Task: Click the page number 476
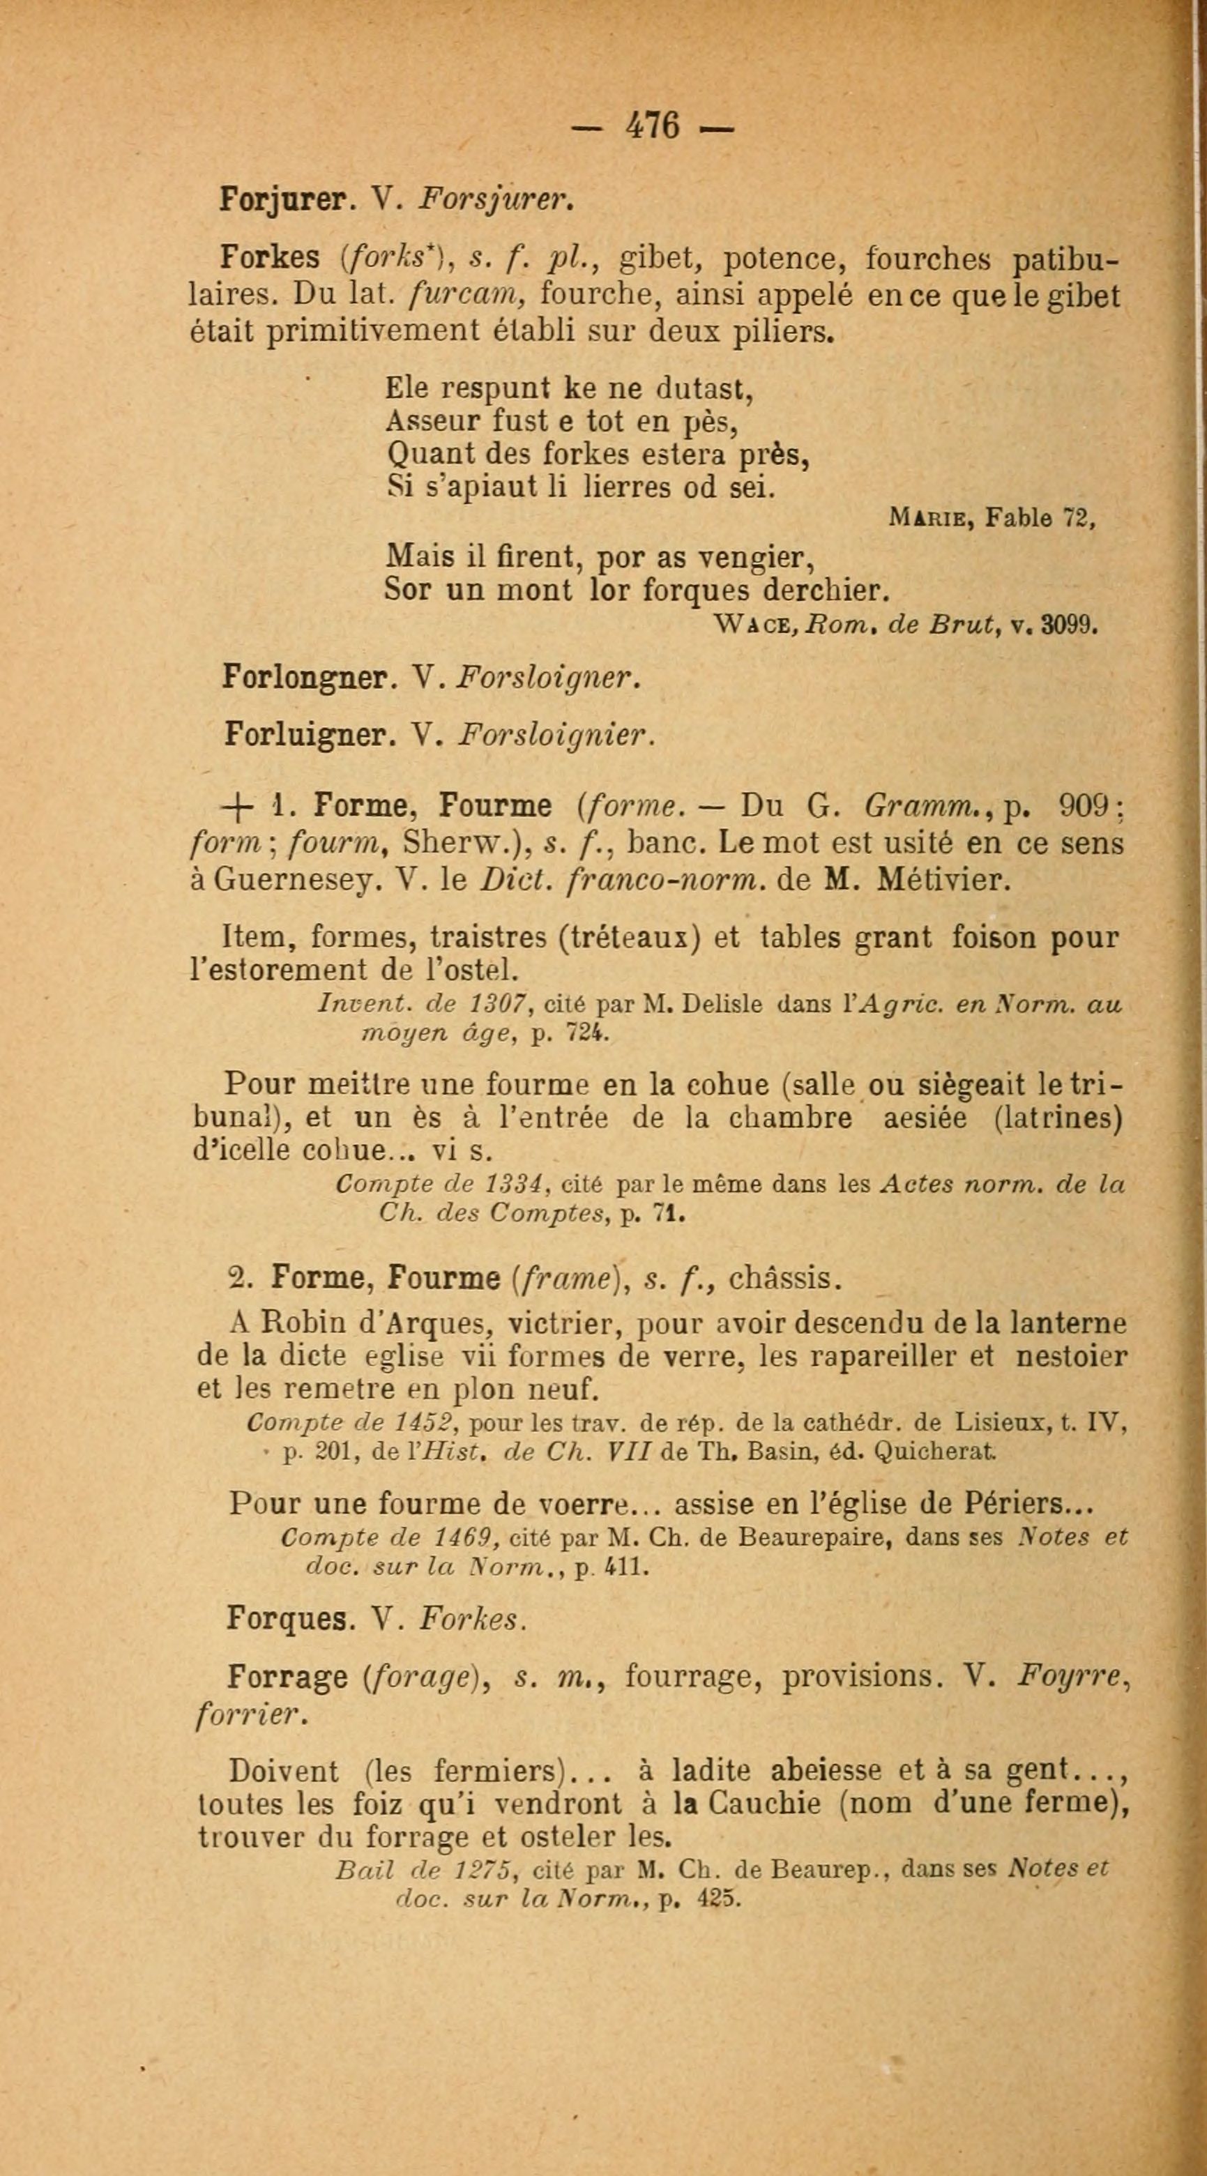pyautogui.click(x=652, y=127)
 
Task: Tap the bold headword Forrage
pyautogui.click(x=288, y=1677)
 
